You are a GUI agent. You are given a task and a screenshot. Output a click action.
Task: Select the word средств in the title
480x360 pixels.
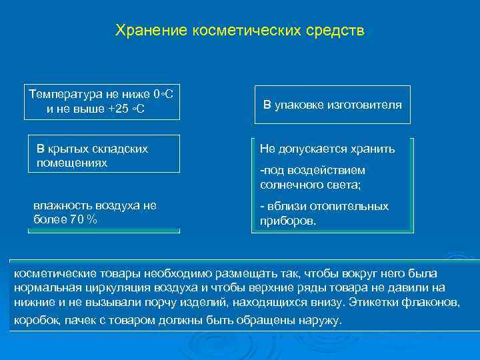click(x=340, y=31)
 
